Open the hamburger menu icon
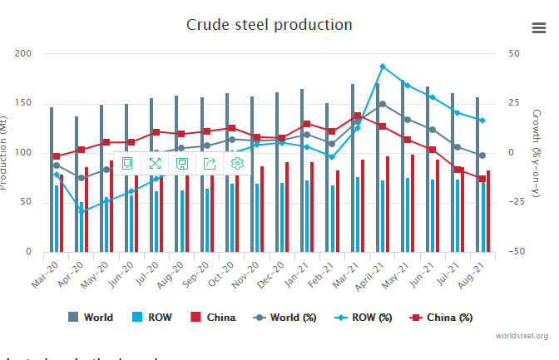point(538,27)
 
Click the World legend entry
point(90,317)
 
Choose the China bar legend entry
point(212,317)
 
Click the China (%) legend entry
point(442,317)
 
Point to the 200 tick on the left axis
point(24,54)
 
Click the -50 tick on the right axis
point(517,252)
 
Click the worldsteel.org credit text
point(522,336)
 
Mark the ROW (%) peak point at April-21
point(382,67)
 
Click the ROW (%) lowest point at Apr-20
point(81,211)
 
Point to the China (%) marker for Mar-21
point(357,116)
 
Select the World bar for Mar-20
point(51,179)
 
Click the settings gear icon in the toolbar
point(237,163)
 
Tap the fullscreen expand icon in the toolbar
point(155,163)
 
